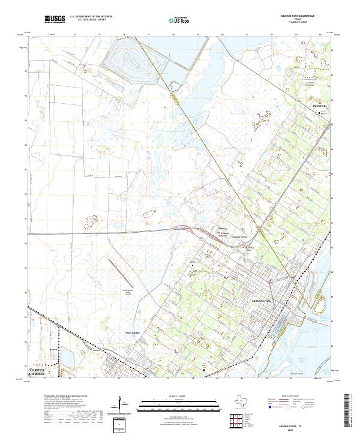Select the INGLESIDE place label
click(x=132, y=331)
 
